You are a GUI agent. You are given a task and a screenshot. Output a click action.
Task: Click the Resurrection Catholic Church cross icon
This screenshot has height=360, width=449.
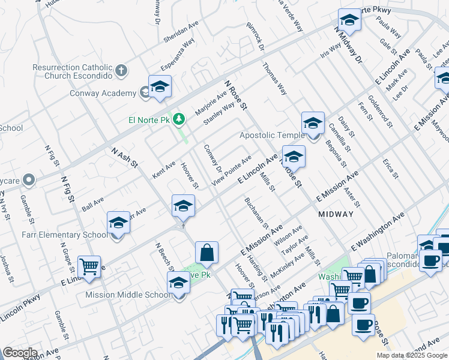click(121, 71)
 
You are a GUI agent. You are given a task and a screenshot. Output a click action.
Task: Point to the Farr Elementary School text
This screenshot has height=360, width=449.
click(61, 235)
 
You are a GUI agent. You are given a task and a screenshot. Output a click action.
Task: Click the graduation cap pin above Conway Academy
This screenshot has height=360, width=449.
click(160, 88)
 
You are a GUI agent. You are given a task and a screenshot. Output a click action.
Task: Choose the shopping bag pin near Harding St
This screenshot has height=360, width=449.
click(206, 253)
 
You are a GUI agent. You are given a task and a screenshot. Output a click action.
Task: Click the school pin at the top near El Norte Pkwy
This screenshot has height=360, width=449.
click(349, 21)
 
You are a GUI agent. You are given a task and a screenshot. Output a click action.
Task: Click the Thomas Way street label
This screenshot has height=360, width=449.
click(274, 79)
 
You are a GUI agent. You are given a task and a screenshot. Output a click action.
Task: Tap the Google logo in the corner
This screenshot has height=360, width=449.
click(20, 353)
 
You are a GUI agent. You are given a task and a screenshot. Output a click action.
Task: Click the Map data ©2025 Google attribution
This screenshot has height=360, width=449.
click(411, 355)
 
